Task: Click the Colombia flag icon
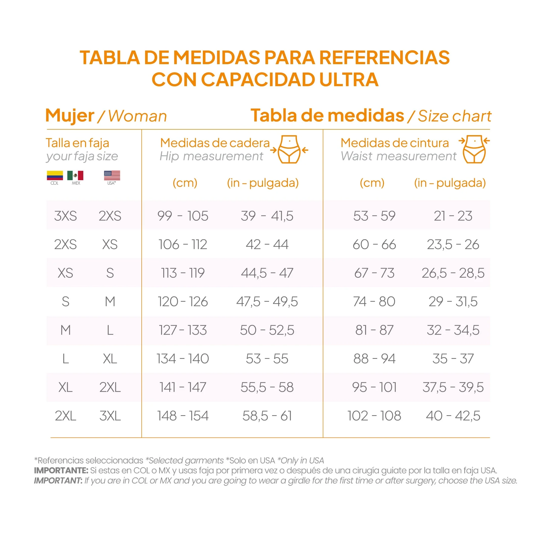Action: [x=55, y=175]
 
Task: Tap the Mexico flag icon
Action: [x=75, y=175]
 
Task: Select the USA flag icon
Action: [x=112, y=175]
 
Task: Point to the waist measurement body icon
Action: [x=474, y=149]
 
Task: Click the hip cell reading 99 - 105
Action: [x=183, y=216]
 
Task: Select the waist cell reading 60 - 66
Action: [x=374, y=245]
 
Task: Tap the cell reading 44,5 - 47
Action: [x=267, y=273]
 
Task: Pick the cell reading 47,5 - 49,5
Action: [x=267, y=301]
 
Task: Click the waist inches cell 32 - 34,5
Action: [x=453, y=330]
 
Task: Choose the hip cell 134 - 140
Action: [x=183, y=359]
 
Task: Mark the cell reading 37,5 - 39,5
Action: [x=453, y=387]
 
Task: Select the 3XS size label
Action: [x=65, y=216]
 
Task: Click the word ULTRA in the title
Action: [x=349, y=80]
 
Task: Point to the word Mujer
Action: [x=70, y=116]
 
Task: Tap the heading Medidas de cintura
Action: [x=395, y=143]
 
